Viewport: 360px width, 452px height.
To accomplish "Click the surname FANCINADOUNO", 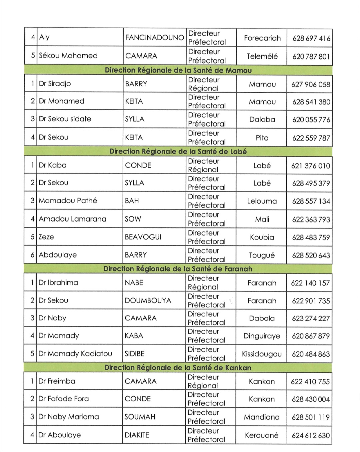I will (154, 38).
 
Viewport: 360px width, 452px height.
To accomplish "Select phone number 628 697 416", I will (311, 38).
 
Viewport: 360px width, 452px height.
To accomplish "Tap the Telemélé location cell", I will (262, 56).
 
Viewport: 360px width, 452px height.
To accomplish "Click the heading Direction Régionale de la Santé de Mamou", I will (178, 70).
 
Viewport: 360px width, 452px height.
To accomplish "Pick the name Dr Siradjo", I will (55, 84).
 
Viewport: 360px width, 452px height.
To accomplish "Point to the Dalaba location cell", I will (262, 119).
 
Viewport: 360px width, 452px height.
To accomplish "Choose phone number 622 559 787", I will (311, 138).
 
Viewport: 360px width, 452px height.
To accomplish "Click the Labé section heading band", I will (178, 152).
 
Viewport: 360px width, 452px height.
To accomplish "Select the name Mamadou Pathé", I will (68, 201).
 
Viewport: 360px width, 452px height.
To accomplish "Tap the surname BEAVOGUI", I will (143, 237).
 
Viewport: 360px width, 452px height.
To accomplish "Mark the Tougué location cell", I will (262, 255).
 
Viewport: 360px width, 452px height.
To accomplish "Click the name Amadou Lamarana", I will (73, 219).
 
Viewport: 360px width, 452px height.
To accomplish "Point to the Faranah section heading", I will (178, 269).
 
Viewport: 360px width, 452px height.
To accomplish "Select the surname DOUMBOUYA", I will (148, 300).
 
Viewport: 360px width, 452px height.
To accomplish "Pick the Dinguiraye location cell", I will (262, 336).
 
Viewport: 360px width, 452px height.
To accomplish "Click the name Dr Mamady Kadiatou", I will (75, 353).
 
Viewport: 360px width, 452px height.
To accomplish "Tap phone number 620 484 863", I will (311, 354).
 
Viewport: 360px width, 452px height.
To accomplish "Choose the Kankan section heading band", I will (178, 368).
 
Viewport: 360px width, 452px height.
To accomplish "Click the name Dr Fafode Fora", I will (64, 399).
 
